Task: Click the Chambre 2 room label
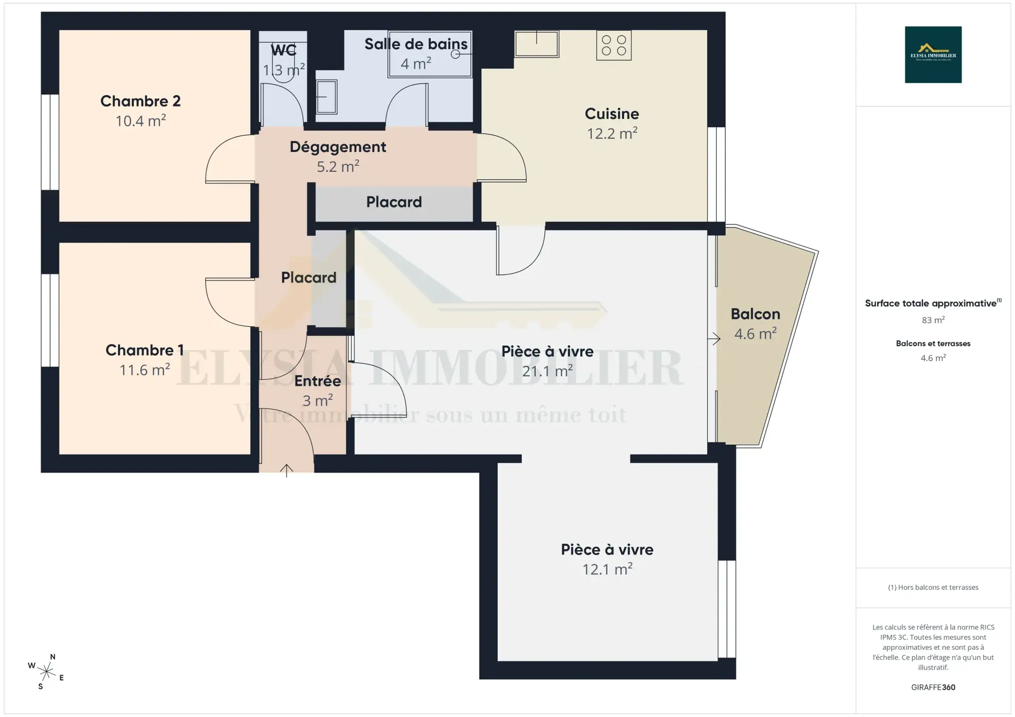pyautogui.click(x=140, y=101)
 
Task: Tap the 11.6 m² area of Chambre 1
pyautogui.click(x=145, y=370)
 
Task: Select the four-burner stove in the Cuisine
pyautogui.click(x=614, y=46)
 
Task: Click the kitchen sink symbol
pyautogui.click(x=537, y=44)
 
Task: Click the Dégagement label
pyautogui.click(x=338, y=147)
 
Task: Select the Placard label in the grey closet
pyautogui.click(x=394, y=202)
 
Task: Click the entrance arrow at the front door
pyautogui.click(x=287, y=470)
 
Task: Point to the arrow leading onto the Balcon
pyautogui.click(x=715, y=338)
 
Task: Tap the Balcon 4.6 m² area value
pyautogui.click(x=755, y=334)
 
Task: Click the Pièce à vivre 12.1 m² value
pyautogui.click(x=607, y=569)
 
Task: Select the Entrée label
pyautogui.click(x=317, y=381)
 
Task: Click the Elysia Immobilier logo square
pyautogui.click(x=933, y=55)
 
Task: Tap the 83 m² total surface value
pyautogui.click(x=933, y=320)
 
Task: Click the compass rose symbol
pyautogui.click(x=46, y=671)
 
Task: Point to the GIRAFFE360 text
pyautogui.click(x=933, y=687)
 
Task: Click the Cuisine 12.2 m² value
pyautogui.click(x=612, y=134)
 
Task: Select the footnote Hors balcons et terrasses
pyautogui.click(x=933, y=587)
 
